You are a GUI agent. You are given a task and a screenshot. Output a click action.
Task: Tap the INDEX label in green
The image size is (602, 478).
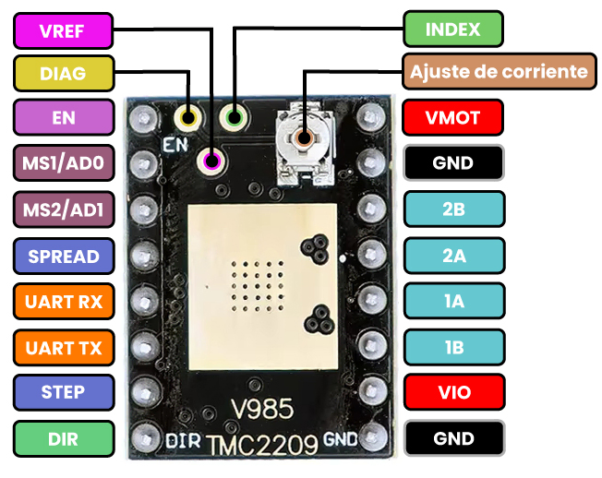pyautogui.click(x=453, y=30)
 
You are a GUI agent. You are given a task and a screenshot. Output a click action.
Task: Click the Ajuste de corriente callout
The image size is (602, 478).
pyautogui.click(x=499, y=71)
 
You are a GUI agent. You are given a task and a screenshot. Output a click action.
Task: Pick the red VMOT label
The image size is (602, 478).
pyautogui.click(x=453, y=118)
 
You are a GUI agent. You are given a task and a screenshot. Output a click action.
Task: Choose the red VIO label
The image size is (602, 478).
pyautogui.click(x=453, y=392)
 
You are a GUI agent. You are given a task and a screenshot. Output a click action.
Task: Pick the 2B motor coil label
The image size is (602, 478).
pyautogui.click(x=453, y=209)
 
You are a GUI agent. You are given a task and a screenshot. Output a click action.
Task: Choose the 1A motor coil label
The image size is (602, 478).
pyautogui.click(x=453, y=301)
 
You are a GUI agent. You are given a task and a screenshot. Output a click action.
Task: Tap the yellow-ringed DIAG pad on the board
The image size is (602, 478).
pyautogui.click(x=190, y=118)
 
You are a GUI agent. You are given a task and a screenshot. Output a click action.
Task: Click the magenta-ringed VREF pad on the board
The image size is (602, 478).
pyautogui.click(x=213, y=161)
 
